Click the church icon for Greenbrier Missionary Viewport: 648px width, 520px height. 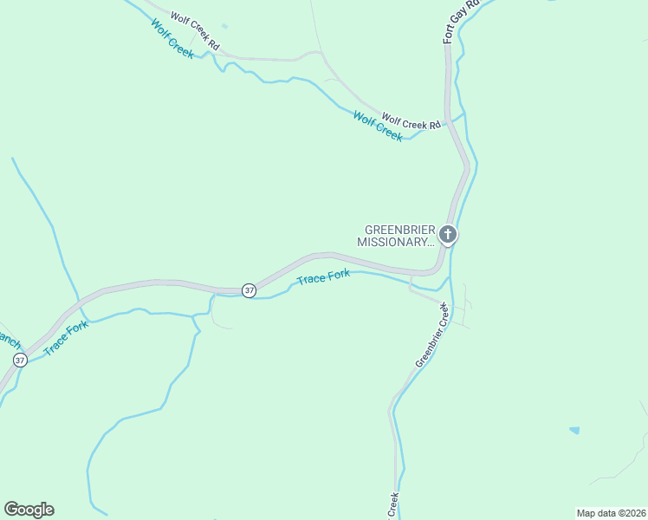tap(447, 234)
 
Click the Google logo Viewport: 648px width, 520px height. tap(29, 510)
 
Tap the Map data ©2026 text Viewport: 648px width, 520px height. tap(611, 512)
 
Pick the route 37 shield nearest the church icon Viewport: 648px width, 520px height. tap(249, 290)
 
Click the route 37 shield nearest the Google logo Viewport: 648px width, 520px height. tap(20, 359)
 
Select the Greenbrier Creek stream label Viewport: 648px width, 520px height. tap(432, 335)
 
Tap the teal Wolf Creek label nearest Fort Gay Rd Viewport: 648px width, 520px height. tap(378, 127)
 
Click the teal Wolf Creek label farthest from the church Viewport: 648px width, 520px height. tap(172, 37)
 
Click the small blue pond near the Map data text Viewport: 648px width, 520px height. tap(574, 430)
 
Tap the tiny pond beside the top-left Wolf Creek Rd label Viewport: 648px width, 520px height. tap(224, 27)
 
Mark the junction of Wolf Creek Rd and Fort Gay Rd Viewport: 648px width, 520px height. tap(448, 122)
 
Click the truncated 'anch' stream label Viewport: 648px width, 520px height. tap(9, 339)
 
